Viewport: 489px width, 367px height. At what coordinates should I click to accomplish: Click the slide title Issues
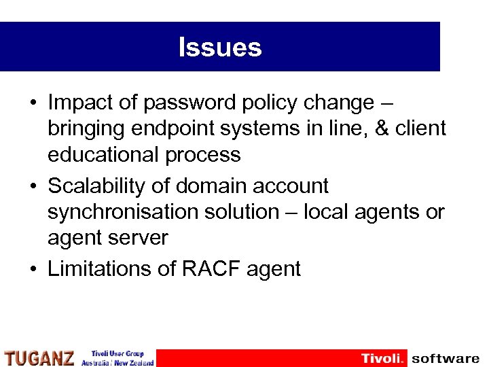click(x=219, y=48)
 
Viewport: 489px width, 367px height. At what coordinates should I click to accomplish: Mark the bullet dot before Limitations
click(x=33, y=269)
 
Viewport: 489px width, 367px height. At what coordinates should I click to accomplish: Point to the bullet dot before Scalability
click(x=33, y=186)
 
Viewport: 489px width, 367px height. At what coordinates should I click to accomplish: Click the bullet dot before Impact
click(x=33, y=103)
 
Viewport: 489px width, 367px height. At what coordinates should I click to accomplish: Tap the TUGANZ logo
click(x=39, y=358)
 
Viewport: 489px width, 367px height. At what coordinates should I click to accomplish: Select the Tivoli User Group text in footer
click(x=117, y=354)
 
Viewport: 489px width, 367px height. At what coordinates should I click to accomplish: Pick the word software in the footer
click(x=445, y=358)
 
